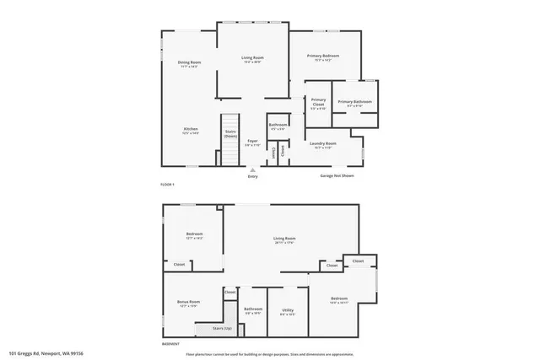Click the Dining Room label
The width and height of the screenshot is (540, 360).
(x=189, y=62)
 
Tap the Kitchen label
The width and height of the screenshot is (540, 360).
(x=191, y=130)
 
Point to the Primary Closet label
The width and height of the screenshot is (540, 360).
(x=318, y=104)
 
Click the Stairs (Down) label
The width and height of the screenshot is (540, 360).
(x=230, y=133)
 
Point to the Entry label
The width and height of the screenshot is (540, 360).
(x=253, y=176)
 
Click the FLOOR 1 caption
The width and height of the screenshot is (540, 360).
(x=167, y=184)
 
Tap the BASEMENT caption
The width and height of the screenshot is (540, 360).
(x=170, y=344)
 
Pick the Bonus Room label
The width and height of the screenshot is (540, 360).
(x=188, y=303)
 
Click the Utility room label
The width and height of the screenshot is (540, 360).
(x=287, y=311)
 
